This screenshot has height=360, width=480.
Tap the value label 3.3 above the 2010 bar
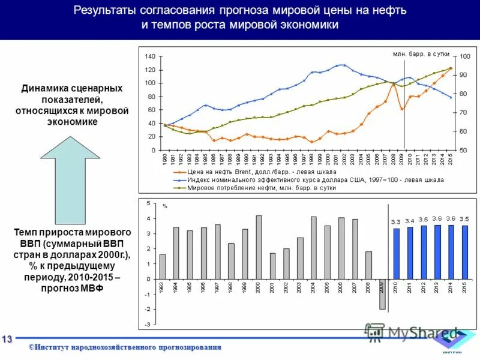coord(396,222)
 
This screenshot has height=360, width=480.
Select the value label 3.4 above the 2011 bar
coord(410,221)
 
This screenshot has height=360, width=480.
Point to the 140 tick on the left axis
coord(150,56)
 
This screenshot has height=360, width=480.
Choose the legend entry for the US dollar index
coord(312,179)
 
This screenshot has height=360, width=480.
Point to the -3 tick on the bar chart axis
coord(148,324)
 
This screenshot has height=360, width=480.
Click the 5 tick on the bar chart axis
coord(149,204)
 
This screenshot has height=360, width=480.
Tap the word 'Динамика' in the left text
coord(43,88)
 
